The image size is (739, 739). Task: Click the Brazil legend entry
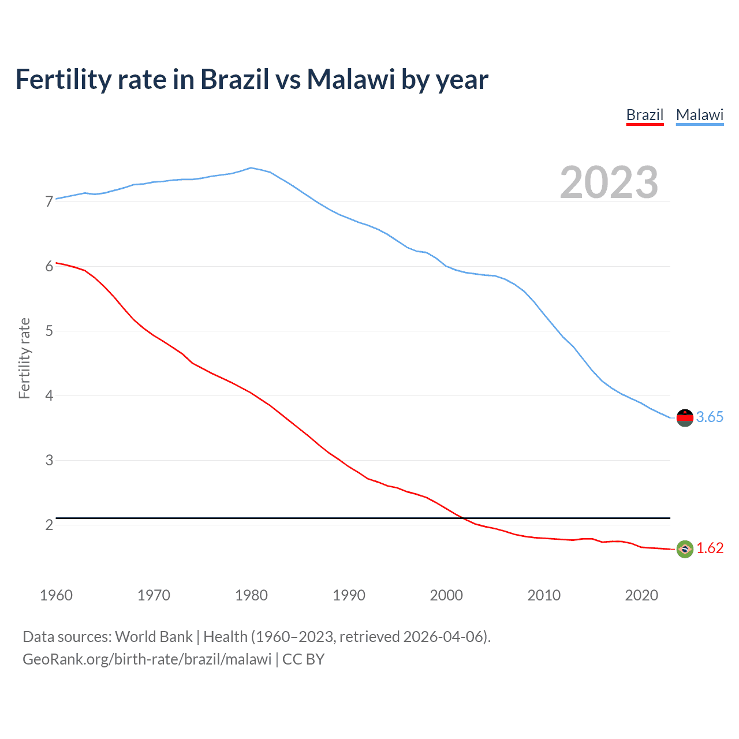(x=645, y=115)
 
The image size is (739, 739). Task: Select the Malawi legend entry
(x=700, y=115)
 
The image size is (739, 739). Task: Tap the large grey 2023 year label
(x=609, y=182)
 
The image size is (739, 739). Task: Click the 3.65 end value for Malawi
(x=710, y=417)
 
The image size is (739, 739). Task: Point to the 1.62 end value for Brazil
(x=710, y=548)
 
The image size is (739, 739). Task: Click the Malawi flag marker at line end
(x=685, y=417)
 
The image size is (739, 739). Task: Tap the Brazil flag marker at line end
(x=685, y=548)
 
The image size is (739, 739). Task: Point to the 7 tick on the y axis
(x=49, y=201)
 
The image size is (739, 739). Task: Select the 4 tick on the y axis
(x=49, y=395)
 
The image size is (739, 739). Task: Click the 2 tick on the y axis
(x=49, y=525)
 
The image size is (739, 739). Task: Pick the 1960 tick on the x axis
(x=56, y=595)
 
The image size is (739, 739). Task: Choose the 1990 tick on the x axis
(x=349, y=595)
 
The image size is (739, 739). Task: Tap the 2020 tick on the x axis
(x=641, y=595)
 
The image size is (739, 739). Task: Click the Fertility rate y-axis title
(x=24, y=358)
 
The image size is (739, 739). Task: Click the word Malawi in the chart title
(x=351, y=79)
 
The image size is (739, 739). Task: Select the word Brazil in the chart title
(x=235, y=79)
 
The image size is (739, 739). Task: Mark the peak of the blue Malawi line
(x=251, y=168)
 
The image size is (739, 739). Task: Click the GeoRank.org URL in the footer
(x=147, y=659)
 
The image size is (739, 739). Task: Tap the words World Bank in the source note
(x=154, y=637)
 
